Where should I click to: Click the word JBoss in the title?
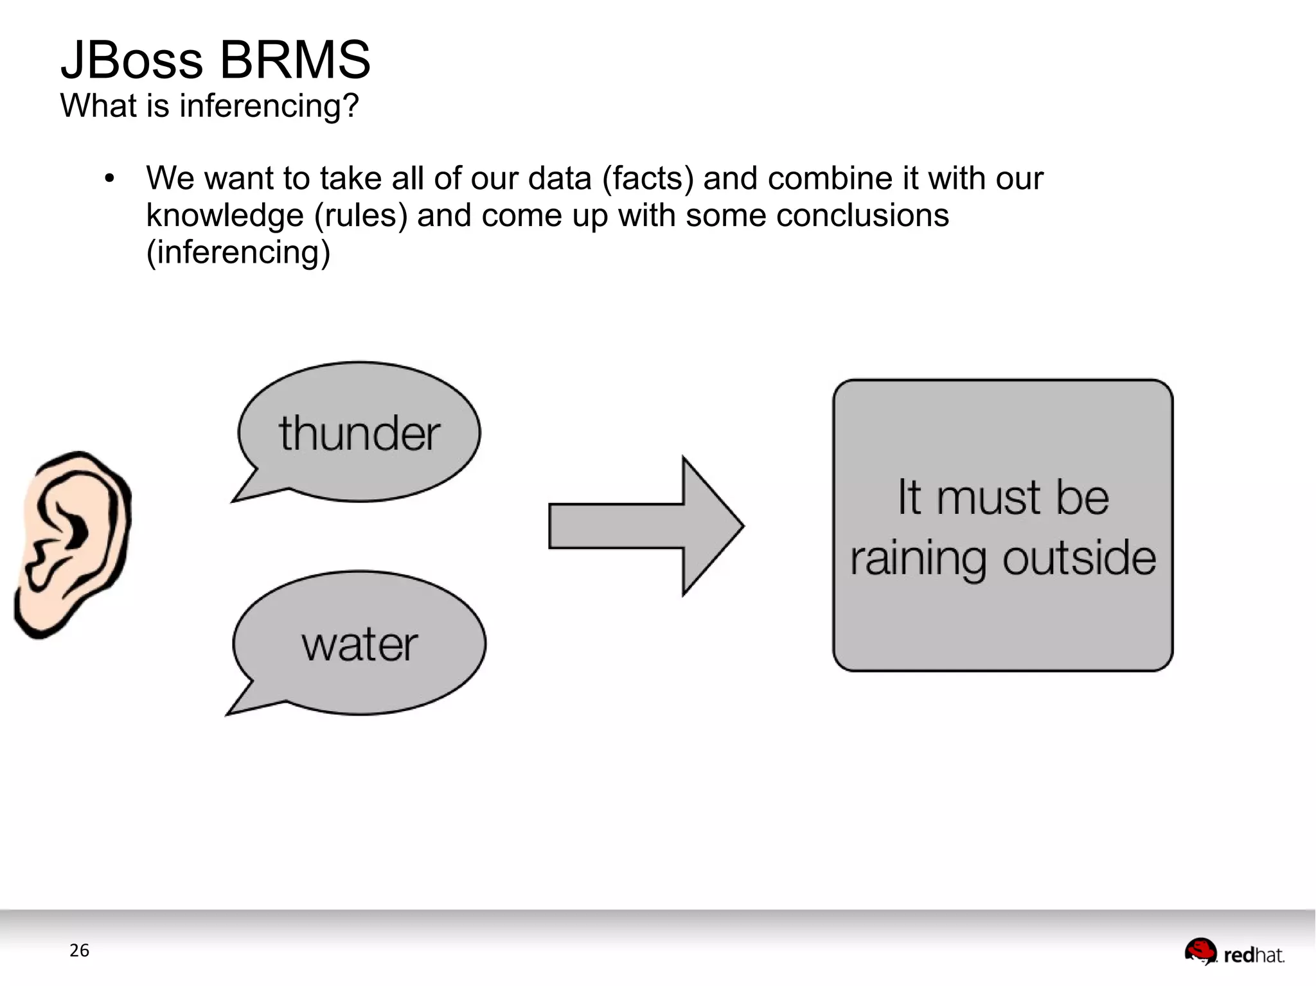[x=132, y=60]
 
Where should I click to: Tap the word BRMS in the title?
[x=294, y=60]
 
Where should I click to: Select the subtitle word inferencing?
[x=269, y=106]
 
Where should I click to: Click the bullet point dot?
[x=109, y=179]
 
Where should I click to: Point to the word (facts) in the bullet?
[x=648, y=179]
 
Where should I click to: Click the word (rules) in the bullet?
[x=360, y=215]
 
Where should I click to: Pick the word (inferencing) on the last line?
[x=238, y=252]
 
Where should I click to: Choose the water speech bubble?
[x=360, y=642]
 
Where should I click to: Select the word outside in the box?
[x=1079, y=558]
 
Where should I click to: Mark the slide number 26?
[x=79, y=950]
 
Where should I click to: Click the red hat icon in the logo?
[x=1200, y=951]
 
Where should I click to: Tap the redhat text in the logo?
[x=1254, y=955]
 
